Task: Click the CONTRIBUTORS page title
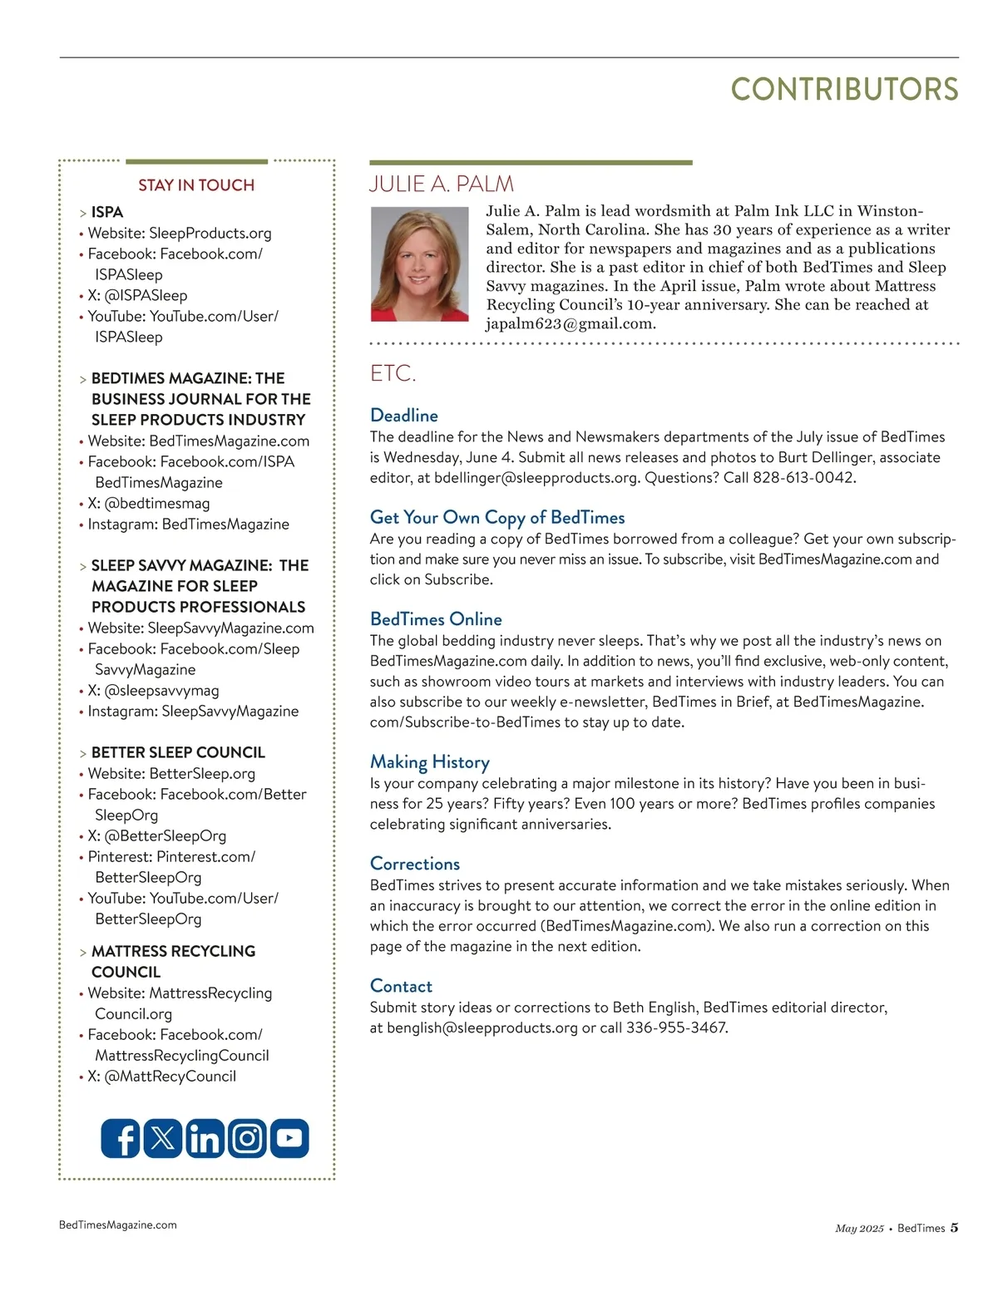[844, 90]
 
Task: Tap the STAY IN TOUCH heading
[196, 185]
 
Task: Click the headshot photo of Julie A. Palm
[420, 264]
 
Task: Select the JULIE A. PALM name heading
[442, 184]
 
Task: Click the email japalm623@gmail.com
[571, 324]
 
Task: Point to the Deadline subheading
[404, 415]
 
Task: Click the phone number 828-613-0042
[803, 478]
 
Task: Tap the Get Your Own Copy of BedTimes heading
[497, 517]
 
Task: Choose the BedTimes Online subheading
[436, 619]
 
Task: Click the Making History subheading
[430, 761]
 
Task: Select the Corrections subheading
[415, 864]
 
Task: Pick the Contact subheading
[401, 986]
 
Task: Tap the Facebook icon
[121, 1138]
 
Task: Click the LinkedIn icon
[205, 1138]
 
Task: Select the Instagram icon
[247, 1138]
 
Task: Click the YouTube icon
[289, 1138]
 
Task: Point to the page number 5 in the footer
[954, 1228]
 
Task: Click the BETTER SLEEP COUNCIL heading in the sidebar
[178, 752]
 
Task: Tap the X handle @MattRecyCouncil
[170, 1077]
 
